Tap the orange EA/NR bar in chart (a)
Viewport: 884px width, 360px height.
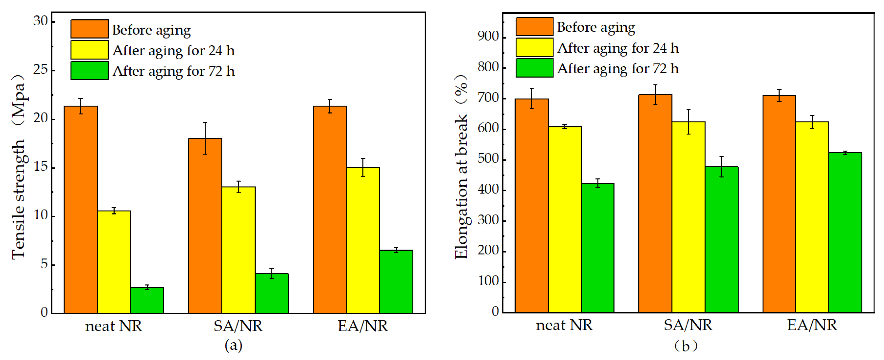329,209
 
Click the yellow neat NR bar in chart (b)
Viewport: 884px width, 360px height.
565,220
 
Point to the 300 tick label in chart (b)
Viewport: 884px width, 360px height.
488,220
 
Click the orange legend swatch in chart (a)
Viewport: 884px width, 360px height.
89,29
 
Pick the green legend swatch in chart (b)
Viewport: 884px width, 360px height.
534,68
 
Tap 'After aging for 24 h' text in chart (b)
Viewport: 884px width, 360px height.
618,48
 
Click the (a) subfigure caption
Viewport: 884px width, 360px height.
233,345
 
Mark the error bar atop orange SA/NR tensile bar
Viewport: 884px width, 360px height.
205,138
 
